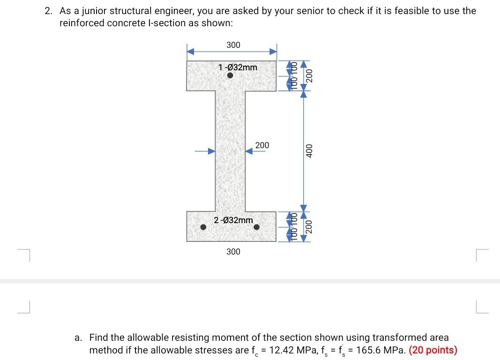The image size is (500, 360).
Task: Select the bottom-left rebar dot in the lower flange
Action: pyautogui.click(x=203, y=227)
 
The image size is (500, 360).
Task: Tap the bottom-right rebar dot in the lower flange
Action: pyautogui.click(x=257, y=227)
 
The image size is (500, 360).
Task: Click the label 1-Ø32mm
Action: pyautogui.click(x=238, y=67)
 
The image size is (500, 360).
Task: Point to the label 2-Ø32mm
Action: pyautogui.click(x=233, y=220)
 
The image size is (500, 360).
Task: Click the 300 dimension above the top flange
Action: pyautogui.click(x=233, y=45)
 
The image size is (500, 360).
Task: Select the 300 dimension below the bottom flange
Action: pyautogui.click(x=233, y=252)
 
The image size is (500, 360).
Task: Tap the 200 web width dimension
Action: pyautogui.click(x=262, y=145)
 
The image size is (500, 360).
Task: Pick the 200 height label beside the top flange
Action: pyautogui.click(x=309, y=75)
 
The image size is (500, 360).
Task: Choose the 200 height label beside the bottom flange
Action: pyautogui.click(x=309, y=226)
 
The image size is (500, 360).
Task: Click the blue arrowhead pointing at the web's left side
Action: pyautogui.click(x=212, y=151)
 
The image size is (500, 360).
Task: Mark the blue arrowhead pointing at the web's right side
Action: pyautogui.click(x=249, y=151)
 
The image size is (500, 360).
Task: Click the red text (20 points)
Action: pyautogui.click(x=433, y=350)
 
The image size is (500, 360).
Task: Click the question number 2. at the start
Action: pyautogui.click(x=49, y=11)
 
